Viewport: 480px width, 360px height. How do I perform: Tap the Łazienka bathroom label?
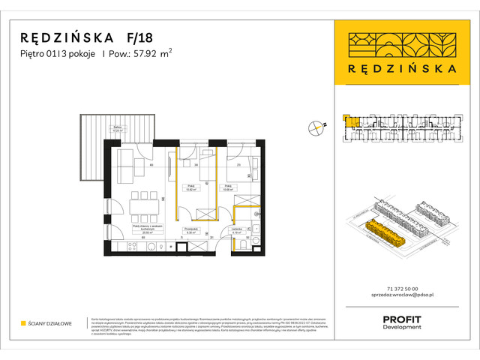[x=237, y=231]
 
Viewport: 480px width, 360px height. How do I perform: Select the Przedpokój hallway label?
[x=190, y=231]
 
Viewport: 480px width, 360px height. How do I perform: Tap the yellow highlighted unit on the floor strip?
[x=350, y=124]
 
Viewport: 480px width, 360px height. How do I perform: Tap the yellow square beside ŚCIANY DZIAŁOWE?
[x=23, y=323]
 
